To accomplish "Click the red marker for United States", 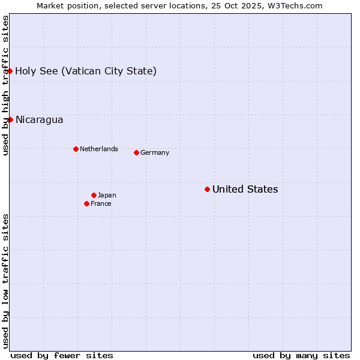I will click(207, 189).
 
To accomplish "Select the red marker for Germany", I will click(136, 152).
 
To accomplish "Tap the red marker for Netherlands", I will click(76, 149).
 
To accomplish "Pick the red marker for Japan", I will click(94, 195).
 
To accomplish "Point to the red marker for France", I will click(86, 203).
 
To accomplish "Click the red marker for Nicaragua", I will click(10, 119).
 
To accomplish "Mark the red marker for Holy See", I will click(10, 71).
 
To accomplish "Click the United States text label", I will click(245, 190).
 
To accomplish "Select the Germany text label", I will click(155, 153).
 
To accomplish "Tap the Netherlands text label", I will click(98, 149).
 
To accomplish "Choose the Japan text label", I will click(107, 196).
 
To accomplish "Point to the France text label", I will click(101, 204).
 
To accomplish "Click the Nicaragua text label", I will click(39, 120).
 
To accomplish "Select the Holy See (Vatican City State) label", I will click(86, 71).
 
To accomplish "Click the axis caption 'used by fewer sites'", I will click(62, 355).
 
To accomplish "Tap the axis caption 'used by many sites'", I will click(301, 355).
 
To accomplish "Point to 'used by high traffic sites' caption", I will click(6, 85).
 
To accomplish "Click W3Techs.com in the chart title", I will click(295, 5).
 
